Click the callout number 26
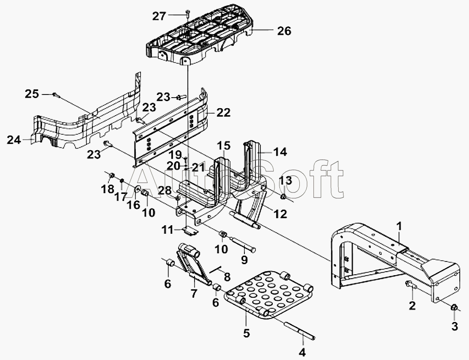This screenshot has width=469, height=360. tap(284, 30)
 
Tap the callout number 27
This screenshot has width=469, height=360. tap(159, 16)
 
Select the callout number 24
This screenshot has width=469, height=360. tap(14, 140)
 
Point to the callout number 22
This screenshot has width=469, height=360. tap(224, 113)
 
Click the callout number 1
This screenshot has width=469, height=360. tap(400, 226)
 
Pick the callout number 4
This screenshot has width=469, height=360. tap(302, 352)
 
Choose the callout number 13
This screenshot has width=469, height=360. tap(286, 180)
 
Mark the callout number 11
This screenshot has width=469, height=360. tap(168, 230)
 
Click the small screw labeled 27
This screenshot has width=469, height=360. tap(187, 12)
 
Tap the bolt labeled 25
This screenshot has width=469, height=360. tap(56, 95)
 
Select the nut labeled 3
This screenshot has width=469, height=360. tap(454, 307)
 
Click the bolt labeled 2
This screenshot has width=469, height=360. tap(411, 284)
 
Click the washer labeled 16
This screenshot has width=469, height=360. tap(138, 189)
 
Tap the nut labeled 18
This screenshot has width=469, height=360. tap(111, 175)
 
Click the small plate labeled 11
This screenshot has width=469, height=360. tap(190, 231)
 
